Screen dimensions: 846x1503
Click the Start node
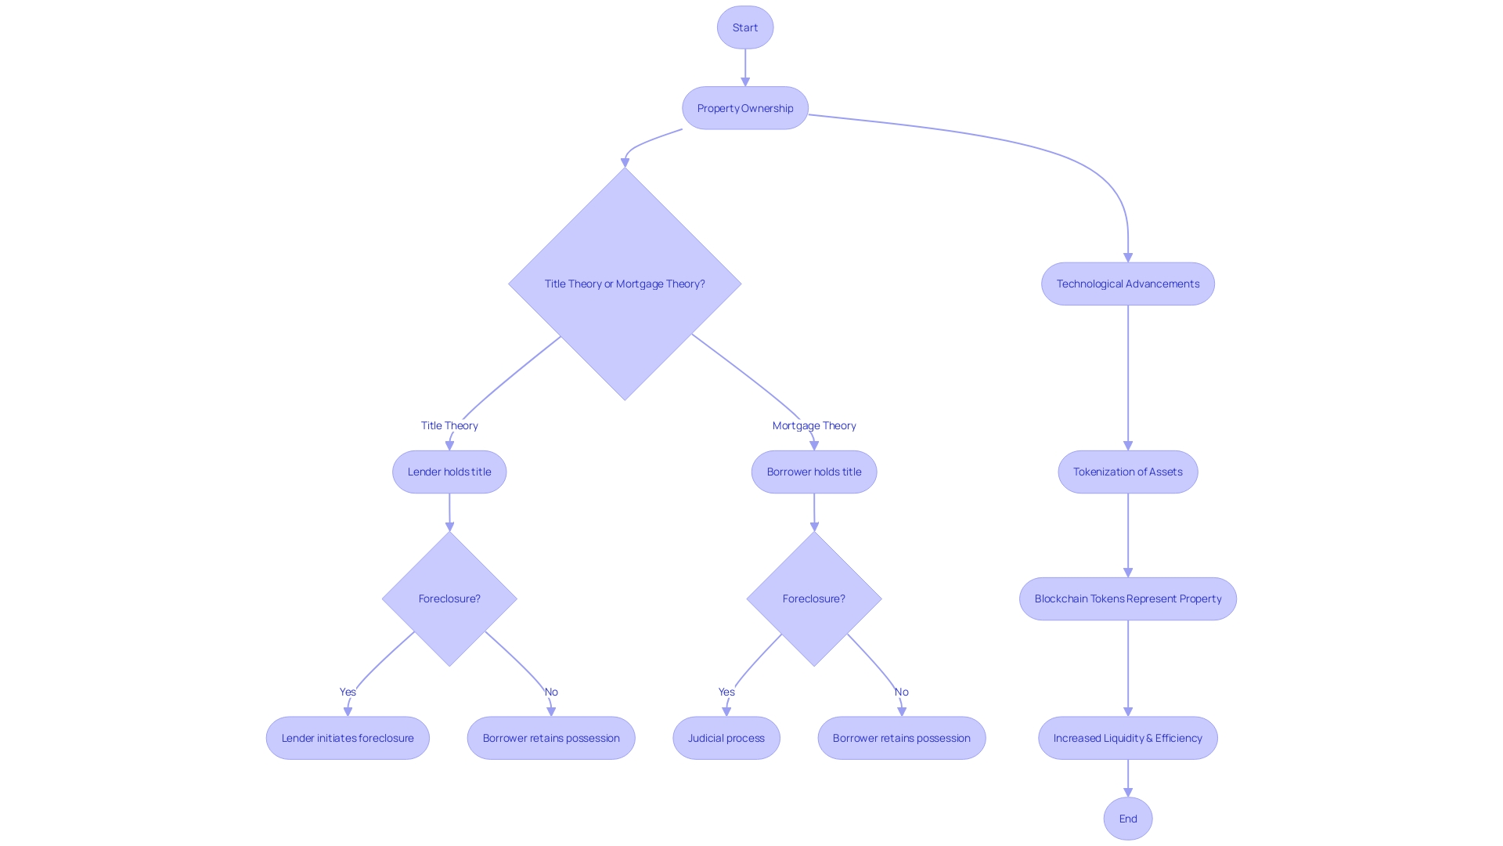click(744, 27)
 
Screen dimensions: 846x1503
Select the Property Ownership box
click(744, 108)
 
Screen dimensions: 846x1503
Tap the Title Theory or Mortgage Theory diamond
click(624, 284)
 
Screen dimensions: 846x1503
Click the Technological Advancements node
click(1127, 284)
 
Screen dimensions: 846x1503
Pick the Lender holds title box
click(449, 472)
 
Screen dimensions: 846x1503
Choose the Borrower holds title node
click(813, 472)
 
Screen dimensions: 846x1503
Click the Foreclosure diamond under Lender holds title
click(449, 598)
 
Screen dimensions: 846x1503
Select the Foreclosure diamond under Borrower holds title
click(813, 598)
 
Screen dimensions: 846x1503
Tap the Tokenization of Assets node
click(1127, 472)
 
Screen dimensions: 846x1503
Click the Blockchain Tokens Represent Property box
click(1127, 598)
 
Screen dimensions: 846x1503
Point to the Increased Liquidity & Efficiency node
click(1127, 738)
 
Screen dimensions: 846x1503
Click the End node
click(1127, 819)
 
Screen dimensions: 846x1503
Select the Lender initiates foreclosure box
click(347, 738)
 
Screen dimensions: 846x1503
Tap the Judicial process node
click(726, 738)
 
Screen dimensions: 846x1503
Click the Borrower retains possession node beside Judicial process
click(901, 738)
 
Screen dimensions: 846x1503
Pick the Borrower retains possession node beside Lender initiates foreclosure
click(550, 738)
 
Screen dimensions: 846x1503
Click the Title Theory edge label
click(449, 425)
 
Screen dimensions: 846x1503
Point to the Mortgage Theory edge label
click(813, 425)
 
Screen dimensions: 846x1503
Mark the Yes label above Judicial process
click(726, 692)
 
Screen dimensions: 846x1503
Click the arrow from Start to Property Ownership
click(744, 67)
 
